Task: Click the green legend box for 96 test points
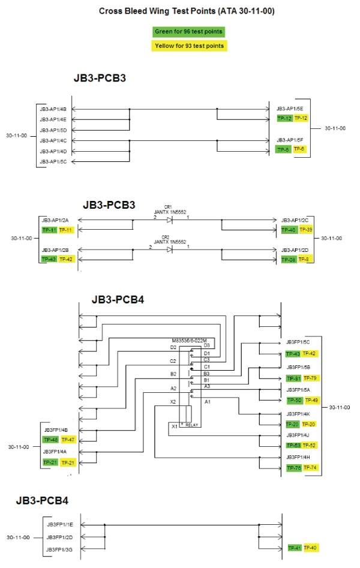189,31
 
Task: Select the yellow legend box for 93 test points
189,46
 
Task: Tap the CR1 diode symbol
170,220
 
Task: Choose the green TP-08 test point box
289,260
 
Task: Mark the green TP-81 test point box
293,378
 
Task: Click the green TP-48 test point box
50,440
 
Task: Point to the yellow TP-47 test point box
67,440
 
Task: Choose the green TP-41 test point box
294,548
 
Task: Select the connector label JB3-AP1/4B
53,109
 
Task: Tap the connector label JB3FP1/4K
298,414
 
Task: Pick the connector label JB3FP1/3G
60,549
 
